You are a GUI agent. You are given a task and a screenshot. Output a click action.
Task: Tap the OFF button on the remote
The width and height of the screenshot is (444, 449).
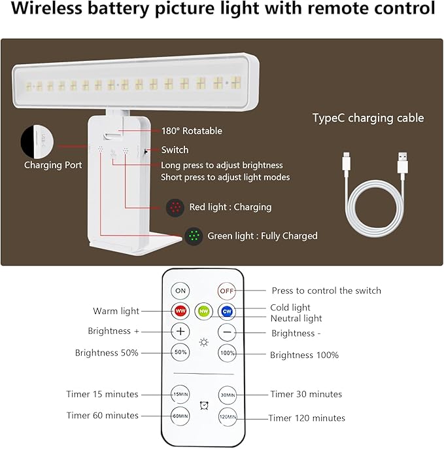227,290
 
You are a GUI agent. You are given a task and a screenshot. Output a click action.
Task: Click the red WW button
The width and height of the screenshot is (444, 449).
180,311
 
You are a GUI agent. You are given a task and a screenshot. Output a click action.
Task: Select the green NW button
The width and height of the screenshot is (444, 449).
204,311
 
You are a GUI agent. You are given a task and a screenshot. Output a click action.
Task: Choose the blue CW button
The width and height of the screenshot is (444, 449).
227,311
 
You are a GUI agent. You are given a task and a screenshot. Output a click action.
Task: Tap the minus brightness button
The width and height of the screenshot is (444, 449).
227,332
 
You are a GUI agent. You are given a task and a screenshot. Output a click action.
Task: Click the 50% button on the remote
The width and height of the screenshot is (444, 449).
180,352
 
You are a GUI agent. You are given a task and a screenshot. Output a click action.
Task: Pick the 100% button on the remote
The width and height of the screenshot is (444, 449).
227,352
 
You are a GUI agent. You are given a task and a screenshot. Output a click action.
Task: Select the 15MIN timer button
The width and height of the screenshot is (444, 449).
180,395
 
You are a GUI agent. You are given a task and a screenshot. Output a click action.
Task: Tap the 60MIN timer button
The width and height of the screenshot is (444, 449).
180,416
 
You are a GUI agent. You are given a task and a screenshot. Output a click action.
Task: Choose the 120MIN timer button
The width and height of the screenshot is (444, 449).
227,416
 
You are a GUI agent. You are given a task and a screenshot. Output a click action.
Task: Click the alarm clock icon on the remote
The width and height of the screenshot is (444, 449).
204,405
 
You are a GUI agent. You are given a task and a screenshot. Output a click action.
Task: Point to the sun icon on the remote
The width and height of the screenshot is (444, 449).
204,342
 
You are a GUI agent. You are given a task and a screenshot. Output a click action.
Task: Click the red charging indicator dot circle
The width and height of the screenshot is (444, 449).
175,207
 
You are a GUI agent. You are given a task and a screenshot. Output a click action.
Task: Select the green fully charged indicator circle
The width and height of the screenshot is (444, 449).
192,236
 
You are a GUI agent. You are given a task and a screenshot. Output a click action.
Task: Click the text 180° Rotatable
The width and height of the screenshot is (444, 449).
192,131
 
